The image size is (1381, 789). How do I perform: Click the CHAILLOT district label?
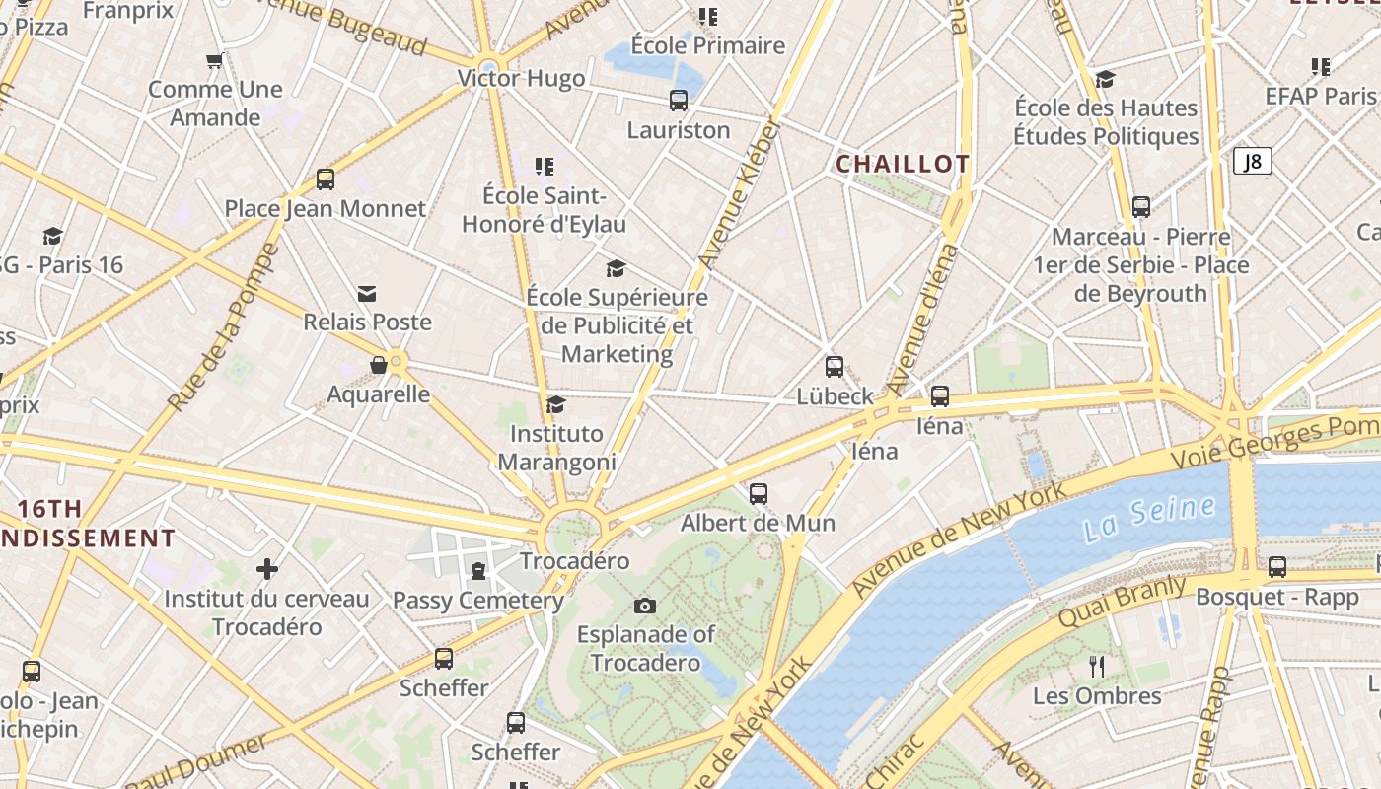tap(903, 164)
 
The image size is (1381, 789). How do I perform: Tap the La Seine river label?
tap(1148, 519)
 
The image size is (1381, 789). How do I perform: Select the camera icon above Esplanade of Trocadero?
tap(645, 606)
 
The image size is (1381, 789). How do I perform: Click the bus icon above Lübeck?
tap(835, 367)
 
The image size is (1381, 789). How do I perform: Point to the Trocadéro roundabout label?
tap(574, 561)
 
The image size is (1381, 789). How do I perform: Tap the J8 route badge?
tap(1252, 161)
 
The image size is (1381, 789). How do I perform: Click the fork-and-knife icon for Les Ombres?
tap(1096, 667)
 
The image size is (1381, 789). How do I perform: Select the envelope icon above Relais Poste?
tap(367, 293)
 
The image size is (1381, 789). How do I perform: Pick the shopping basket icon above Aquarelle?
tap(378, 366)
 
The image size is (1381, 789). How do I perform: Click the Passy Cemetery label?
tap(478, 600)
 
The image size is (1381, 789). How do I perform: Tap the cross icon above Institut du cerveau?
tap(266, 569)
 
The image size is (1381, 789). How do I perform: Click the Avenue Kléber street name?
tap(738, 193)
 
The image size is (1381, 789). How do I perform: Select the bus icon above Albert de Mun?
tap(758, 493)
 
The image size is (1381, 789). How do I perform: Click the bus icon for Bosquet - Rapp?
tap(1277, 567)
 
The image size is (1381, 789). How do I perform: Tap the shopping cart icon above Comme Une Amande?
tap(214, 61)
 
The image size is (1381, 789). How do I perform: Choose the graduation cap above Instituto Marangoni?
tap(555, 404)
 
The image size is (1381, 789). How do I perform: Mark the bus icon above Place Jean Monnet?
tap(326, 179)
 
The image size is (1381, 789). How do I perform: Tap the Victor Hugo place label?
tap(521, 78)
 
